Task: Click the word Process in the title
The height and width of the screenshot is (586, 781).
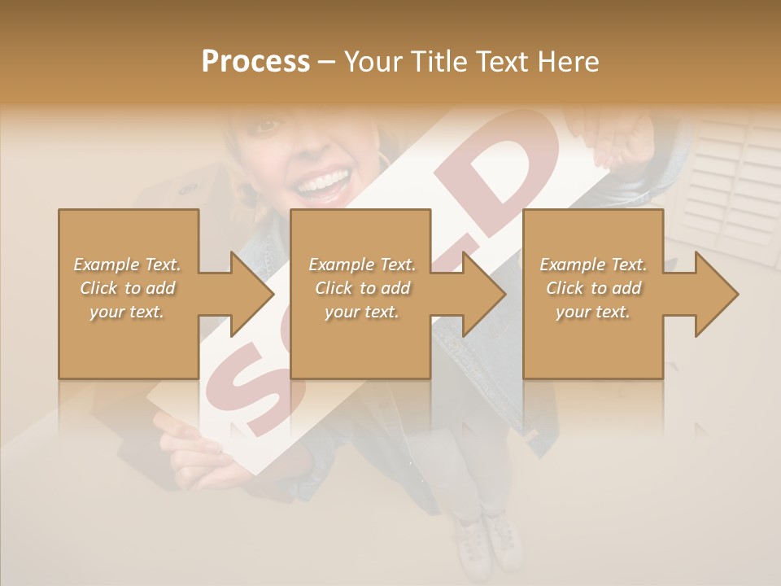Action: [x=255, y=61]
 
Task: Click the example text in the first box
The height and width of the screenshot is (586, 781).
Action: [x=127, y=288]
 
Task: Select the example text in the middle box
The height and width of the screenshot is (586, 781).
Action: [x=361, y=288]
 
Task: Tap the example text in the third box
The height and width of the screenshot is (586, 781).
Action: [x=592, y=288]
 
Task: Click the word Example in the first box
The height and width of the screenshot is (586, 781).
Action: [x=107, y=265]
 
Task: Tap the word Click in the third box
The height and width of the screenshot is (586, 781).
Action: [x=565, y=288]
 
